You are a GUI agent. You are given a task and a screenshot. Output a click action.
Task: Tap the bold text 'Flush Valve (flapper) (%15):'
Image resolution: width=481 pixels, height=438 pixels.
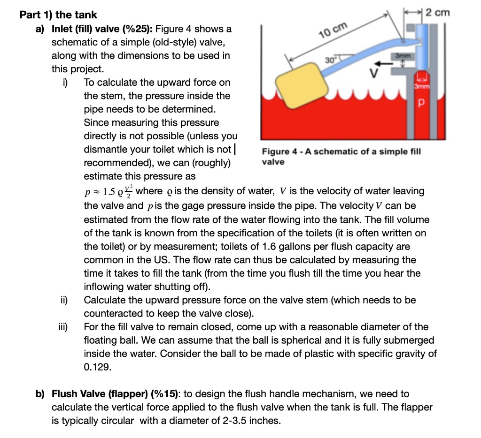[114, 394]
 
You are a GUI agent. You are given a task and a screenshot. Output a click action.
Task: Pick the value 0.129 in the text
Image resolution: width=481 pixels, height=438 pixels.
[97, 367]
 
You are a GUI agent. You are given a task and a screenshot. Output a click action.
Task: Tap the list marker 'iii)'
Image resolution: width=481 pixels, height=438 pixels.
[62, 327]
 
